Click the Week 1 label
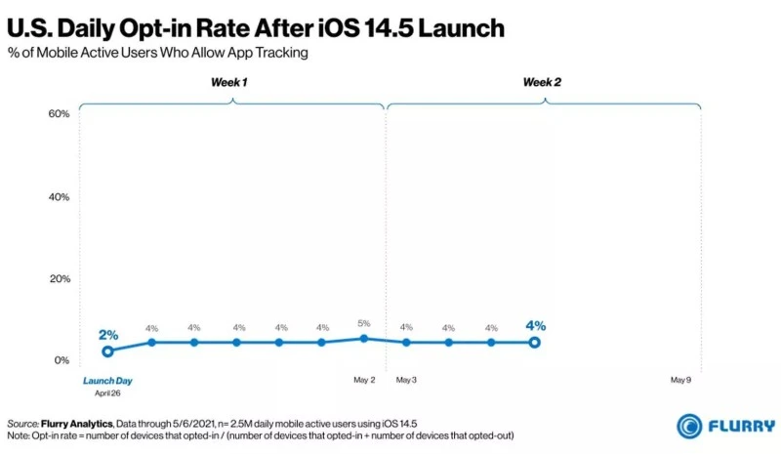[229, 82]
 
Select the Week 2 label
[542, 82]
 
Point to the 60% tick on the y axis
[59, 114]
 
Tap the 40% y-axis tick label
[59, 197]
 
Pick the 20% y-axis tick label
[59, 279]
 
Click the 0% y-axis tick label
[62, 360]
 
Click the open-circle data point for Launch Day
[108, 351]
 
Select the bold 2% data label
[108, 335]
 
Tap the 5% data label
[363, 323]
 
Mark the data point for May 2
[363, 338]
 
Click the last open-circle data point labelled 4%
[535, 342]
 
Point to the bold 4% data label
[535, 326]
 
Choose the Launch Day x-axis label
[107, 381]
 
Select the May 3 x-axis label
[405, 380]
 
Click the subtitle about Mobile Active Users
[157, 53]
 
